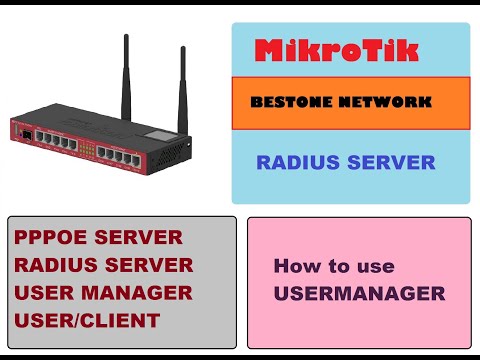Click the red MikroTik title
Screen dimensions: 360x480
350,51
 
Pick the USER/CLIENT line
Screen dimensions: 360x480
86,320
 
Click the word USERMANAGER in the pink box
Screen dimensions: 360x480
359,293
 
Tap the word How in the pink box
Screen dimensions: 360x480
296,267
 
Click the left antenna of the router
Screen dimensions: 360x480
127,70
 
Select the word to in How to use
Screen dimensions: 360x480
340,267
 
